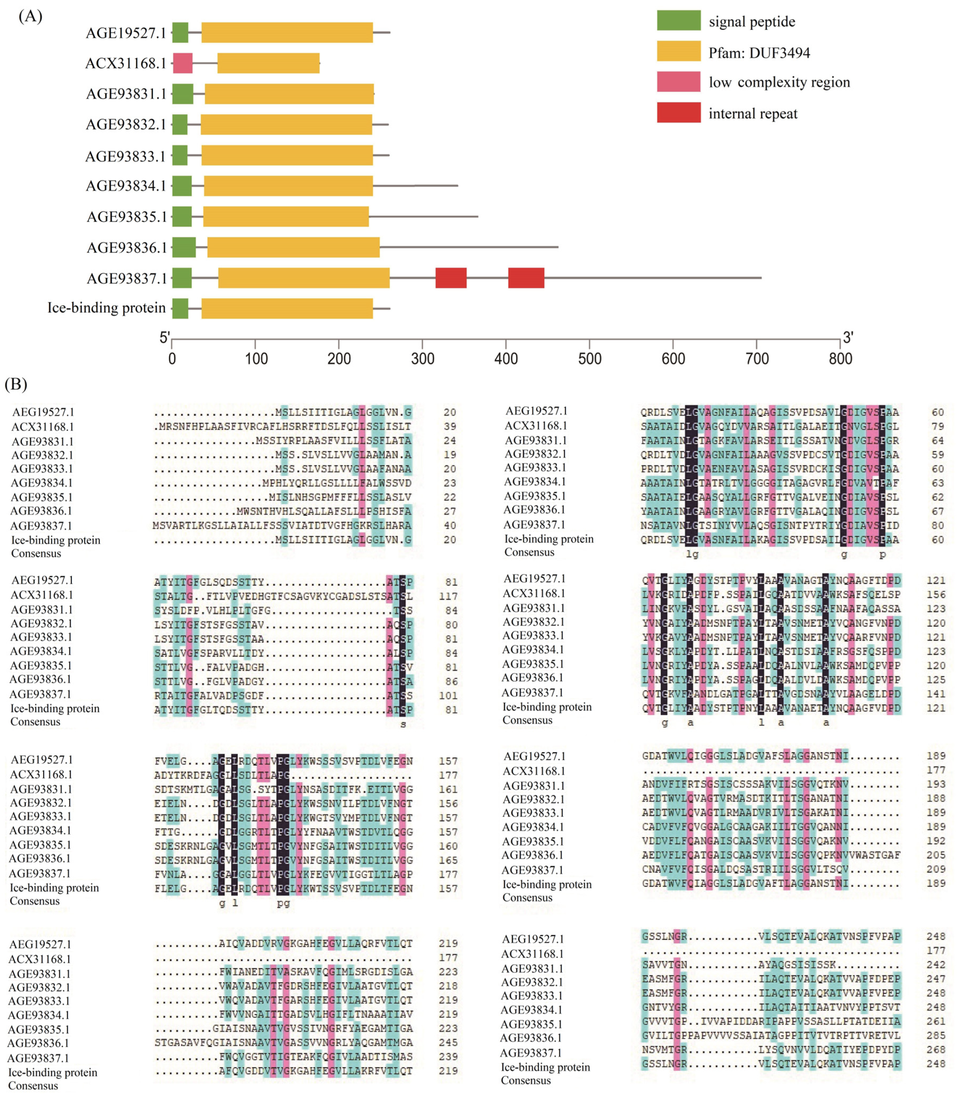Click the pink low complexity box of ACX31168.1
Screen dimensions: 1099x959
182,63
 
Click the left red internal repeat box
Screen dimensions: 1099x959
451,278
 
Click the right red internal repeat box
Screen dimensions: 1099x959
526,278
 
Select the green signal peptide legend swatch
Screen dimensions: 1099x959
678,20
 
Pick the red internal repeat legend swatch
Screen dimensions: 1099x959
678,112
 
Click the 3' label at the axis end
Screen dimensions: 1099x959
848,337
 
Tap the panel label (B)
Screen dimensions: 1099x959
16,384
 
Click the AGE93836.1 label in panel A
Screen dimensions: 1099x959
127,248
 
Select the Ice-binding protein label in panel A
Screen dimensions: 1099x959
106,308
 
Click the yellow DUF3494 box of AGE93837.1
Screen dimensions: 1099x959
303,278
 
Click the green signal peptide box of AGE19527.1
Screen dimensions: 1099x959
180,33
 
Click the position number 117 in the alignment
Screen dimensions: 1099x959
449,596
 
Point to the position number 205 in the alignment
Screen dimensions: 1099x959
936,855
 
